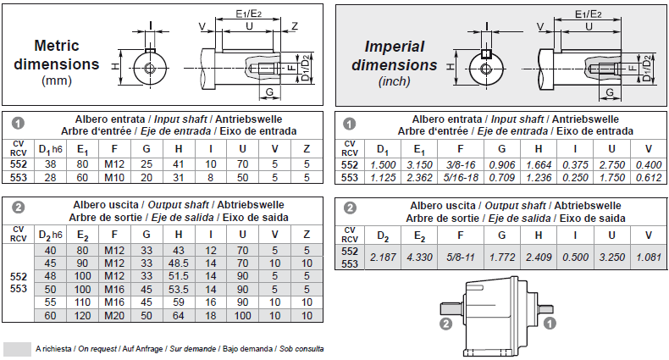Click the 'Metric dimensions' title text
click(x=67, y=55)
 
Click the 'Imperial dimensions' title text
click(x=395, y=55)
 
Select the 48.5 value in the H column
click(x=179, y=263)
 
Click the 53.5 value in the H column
click(x=179, y=289)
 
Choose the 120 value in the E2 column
click(x=82, y=315)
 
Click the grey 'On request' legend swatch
click(x=17, y=349)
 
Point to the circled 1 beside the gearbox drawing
click(x=550, y=323)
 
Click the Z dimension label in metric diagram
click(x=294, y=25)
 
